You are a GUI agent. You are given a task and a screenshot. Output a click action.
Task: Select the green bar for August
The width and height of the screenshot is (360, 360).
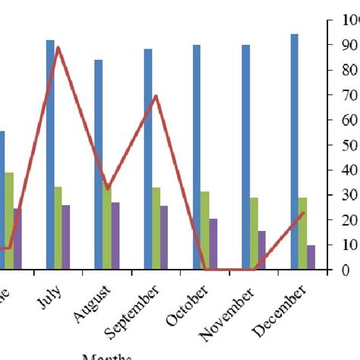point(107,228)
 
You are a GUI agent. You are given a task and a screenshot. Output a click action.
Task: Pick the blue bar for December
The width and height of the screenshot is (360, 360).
point(294,151)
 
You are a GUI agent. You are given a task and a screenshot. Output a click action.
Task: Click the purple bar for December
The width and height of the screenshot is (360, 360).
point(311,257)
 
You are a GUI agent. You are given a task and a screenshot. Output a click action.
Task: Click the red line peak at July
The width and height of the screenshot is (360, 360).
point(58,48)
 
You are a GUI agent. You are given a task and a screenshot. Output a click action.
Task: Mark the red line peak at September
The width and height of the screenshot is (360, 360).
point(156,96)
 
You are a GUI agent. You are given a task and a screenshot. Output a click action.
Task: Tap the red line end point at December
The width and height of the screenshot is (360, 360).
point(303,213)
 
